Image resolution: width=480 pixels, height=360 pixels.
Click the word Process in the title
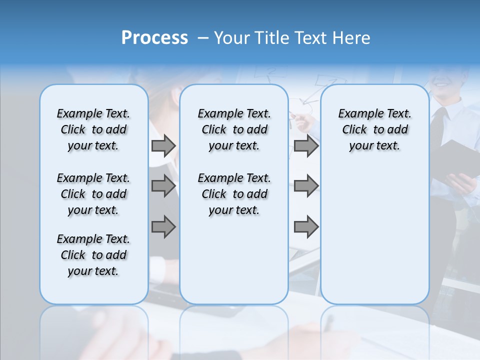154,38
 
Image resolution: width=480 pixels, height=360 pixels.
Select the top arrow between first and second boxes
163,146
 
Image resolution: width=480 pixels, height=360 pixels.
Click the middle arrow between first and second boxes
163,186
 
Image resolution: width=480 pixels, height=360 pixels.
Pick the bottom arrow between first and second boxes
163,227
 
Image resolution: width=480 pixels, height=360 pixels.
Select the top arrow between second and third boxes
306,146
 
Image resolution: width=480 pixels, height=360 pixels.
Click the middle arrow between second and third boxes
306,186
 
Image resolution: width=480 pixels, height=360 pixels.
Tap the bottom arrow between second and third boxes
306,227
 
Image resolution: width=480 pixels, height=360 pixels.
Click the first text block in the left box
93,129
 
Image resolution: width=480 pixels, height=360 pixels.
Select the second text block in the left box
93,194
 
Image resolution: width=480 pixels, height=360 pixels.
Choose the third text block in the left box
93,255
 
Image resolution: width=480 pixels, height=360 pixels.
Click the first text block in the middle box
234,129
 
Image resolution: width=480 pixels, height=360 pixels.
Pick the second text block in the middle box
234,194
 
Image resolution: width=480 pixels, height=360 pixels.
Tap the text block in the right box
374,129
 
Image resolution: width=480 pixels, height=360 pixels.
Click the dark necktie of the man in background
438,125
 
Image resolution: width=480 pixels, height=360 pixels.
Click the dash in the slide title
203,38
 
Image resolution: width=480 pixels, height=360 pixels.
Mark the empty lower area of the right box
374,235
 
